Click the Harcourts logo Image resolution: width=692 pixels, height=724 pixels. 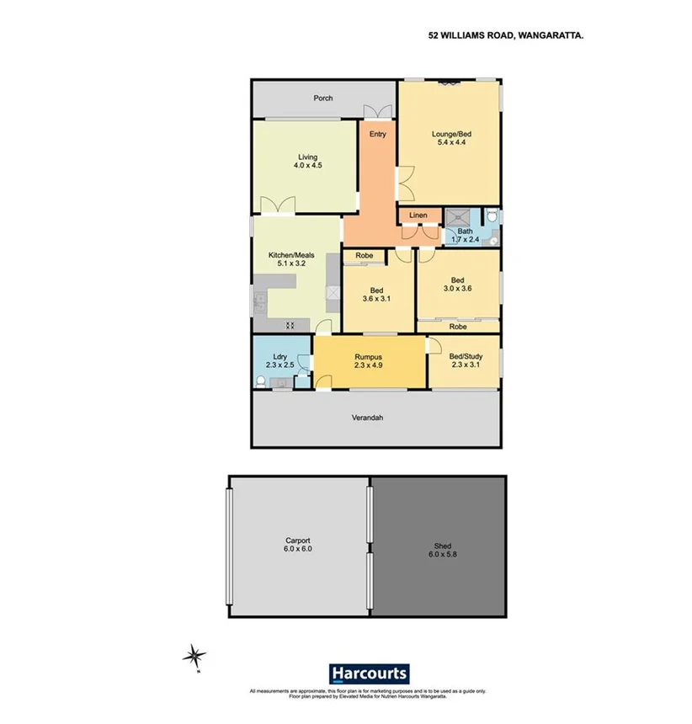pyautogui.click(x=369, y=673)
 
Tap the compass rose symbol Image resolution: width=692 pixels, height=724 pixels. pyautogui.click(x=195, y=654)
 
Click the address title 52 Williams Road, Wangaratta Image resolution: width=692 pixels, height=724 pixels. pyautogui.click(x=507, y=36)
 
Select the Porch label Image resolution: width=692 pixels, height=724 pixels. pyautogui.click(x=323, y=98)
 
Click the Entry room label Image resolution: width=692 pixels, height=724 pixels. pyautogui.click(x=377, y=134)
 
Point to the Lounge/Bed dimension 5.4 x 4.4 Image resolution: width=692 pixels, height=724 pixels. pyautogui.click(x=451, y=143)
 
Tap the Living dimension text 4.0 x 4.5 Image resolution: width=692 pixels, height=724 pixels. pyautogui.click(x=306, y=167)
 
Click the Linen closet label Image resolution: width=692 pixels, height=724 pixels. pyautogui.click(x=418, y=216)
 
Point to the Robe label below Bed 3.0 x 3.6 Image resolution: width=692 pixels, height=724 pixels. pyautogui.click(x=458, y=327)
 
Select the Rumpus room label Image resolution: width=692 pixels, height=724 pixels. pyautogui.click(x=369, y=356)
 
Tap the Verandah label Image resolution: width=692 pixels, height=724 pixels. pyautogui.click(x=367, y=417)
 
